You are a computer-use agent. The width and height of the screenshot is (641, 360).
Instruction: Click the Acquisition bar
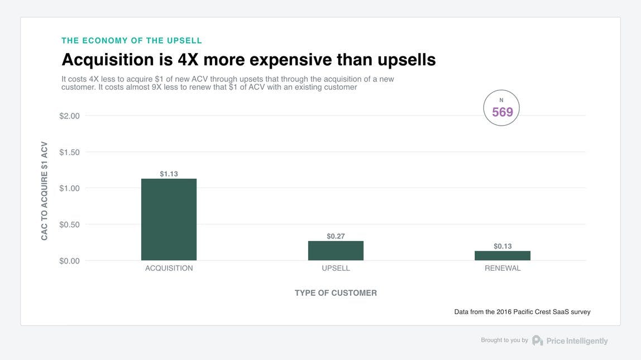(169, 219)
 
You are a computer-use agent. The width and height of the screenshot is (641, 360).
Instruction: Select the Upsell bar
(336, 251)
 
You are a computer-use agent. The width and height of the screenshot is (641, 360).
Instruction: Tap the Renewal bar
(503, 256)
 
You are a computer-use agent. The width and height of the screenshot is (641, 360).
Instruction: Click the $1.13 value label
(169, 174)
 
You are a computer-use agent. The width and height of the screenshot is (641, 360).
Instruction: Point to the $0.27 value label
(336, 236)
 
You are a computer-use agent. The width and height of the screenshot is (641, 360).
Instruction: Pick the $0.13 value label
(503, 246)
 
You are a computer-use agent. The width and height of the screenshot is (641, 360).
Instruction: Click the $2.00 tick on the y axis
(70, 116)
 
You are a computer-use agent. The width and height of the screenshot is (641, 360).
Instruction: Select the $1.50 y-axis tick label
(70, 152)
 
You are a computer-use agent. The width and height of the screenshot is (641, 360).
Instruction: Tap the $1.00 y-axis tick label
(70, 189)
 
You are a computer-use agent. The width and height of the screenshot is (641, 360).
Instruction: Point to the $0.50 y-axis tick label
(70, 225)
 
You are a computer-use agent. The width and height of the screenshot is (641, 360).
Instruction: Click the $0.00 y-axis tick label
(70, 261)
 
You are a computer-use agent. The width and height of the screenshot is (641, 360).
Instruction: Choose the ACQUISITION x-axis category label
(169, 268)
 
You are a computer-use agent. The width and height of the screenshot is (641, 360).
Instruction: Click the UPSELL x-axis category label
(336, 268)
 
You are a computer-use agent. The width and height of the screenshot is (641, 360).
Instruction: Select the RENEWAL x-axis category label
(503, 268)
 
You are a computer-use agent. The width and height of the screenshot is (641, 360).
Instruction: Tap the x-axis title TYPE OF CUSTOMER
(336, 293)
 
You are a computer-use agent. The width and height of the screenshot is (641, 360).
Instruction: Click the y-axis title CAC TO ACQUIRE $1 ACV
(45, 191)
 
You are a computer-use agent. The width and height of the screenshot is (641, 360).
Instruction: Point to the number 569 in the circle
(502, 112)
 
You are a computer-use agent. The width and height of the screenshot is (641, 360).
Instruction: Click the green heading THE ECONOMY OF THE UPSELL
(132, 41)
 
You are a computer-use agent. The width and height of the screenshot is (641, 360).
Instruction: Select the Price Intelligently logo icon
(537, 340)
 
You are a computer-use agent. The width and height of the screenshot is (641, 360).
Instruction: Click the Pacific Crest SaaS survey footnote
(522, 312)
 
